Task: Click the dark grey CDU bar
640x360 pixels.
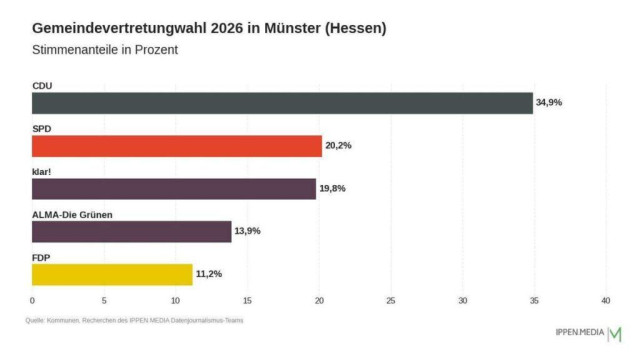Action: tap(282, 103)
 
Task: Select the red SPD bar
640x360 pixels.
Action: tap(177, 146)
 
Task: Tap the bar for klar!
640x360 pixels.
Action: tap(174, 189)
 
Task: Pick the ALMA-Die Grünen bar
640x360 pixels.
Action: tap(131, 231)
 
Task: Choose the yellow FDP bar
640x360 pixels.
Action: tap(112, 274)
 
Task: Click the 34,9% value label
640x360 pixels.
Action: tap(549, 103)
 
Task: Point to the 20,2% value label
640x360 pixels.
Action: tap(338, 146)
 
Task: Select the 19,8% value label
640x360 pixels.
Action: tap(332, 189)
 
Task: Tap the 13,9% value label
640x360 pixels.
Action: tap(247, 231)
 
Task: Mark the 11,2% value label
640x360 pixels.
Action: tap(208, 274)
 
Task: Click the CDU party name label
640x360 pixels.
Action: tap(42, 86)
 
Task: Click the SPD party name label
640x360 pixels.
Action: tap(42, 129)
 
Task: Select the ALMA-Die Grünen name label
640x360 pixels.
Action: tap(73, 214)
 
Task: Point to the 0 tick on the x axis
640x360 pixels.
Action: tap(32, 300)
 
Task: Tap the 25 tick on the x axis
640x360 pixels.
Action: tap(391, 300)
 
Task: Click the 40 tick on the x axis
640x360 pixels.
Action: tap(606, 300)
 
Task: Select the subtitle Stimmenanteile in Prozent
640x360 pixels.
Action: tap(104, 50)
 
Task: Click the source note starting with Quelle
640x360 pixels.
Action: tap(135, 321)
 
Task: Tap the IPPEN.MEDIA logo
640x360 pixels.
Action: tap(588, 332)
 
